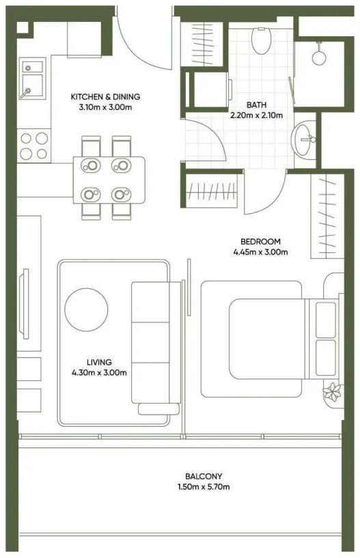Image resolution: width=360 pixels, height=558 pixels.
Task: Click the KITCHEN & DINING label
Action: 105,96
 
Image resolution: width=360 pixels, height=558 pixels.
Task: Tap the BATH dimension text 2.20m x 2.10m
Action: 256,115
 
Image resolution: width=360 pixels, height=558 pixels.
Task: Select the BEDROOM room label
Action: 260,242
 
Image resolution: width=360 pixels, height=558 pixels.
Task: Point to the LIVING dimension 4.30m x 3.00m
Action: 99,373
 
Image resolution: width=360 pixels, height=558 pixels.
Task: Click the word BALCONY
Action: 204,476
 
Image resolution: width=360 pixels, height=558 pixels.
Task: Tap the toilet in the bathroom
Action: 262,40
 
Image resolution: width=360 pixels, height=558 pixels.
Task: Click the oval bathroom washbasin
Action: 303,139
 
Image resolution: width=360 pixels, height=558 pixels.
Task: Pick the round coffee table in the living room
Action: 86,309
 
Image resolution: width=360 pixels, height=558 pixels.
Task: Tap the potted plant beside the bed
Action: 332,391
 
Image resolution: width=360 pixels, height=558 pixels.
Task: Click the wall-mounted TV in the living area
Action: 24,304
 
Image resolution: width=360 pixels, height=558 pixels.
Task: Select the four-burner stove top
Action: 34,146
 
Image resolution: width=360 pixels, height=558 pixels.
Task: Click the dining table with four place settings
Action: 109,180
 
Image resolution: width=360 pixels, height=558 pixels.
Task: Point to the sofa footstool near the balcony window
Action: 158,409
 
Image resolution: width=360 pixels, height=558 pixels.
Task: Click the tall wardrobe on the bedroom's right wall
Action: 327,217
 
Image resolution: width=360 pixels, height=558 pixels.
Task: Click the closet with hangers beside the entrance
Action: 202,44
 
